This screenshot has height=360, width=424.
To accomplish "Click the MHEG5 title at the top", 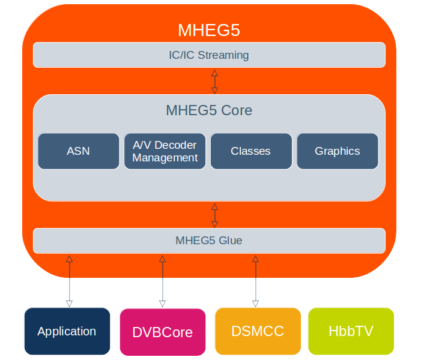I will coord(209,29).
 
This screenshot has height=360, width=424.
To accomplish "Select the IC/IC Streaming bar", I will coord(209,55).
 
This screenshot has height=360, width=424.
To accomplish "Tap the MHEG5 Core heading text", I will coord(209,110).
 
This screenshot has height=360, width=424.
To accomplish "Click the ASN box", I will coord(78,151).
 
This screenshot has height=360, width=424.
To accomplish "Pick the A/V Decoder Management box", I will coord(165,151).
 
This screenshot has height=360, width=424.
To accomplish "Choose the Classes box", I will coord(251,151).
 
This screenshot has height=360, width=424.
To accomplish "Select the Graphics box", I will coord(338,151).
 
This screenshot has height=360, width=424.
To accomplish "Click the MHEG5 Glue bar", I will coord(209,241).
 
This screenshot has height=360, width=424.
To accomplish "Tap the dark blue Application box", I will coord(67,331).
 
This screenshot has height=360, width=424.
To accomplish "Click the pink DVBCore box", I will coord(162,332).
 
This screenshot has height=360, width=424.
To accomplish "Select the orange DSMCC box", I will coord(258,331).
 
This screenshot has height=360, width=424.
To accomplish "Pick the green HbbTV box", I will coord(351,331).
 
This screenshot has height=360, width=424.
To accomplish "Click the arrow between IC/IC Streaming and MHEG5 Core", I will coord(214,81).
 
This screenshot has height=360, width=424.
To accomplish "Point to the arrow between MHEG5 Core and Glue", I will coord(214,215).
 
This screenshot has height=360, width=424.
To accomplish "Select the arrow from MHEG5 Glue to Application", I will coord(69,280).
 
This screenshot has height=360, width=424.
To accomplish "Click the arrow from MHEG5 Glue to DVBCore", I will coord(162,281).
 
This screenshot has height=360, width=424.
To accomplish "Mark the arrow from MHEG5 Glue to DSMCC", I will coord(255,281).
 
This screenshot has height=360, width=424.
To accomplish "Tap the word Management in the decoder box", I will coord(165,158).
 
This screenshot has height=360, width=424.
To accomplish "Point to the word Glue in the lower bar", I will coord(231,241).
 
